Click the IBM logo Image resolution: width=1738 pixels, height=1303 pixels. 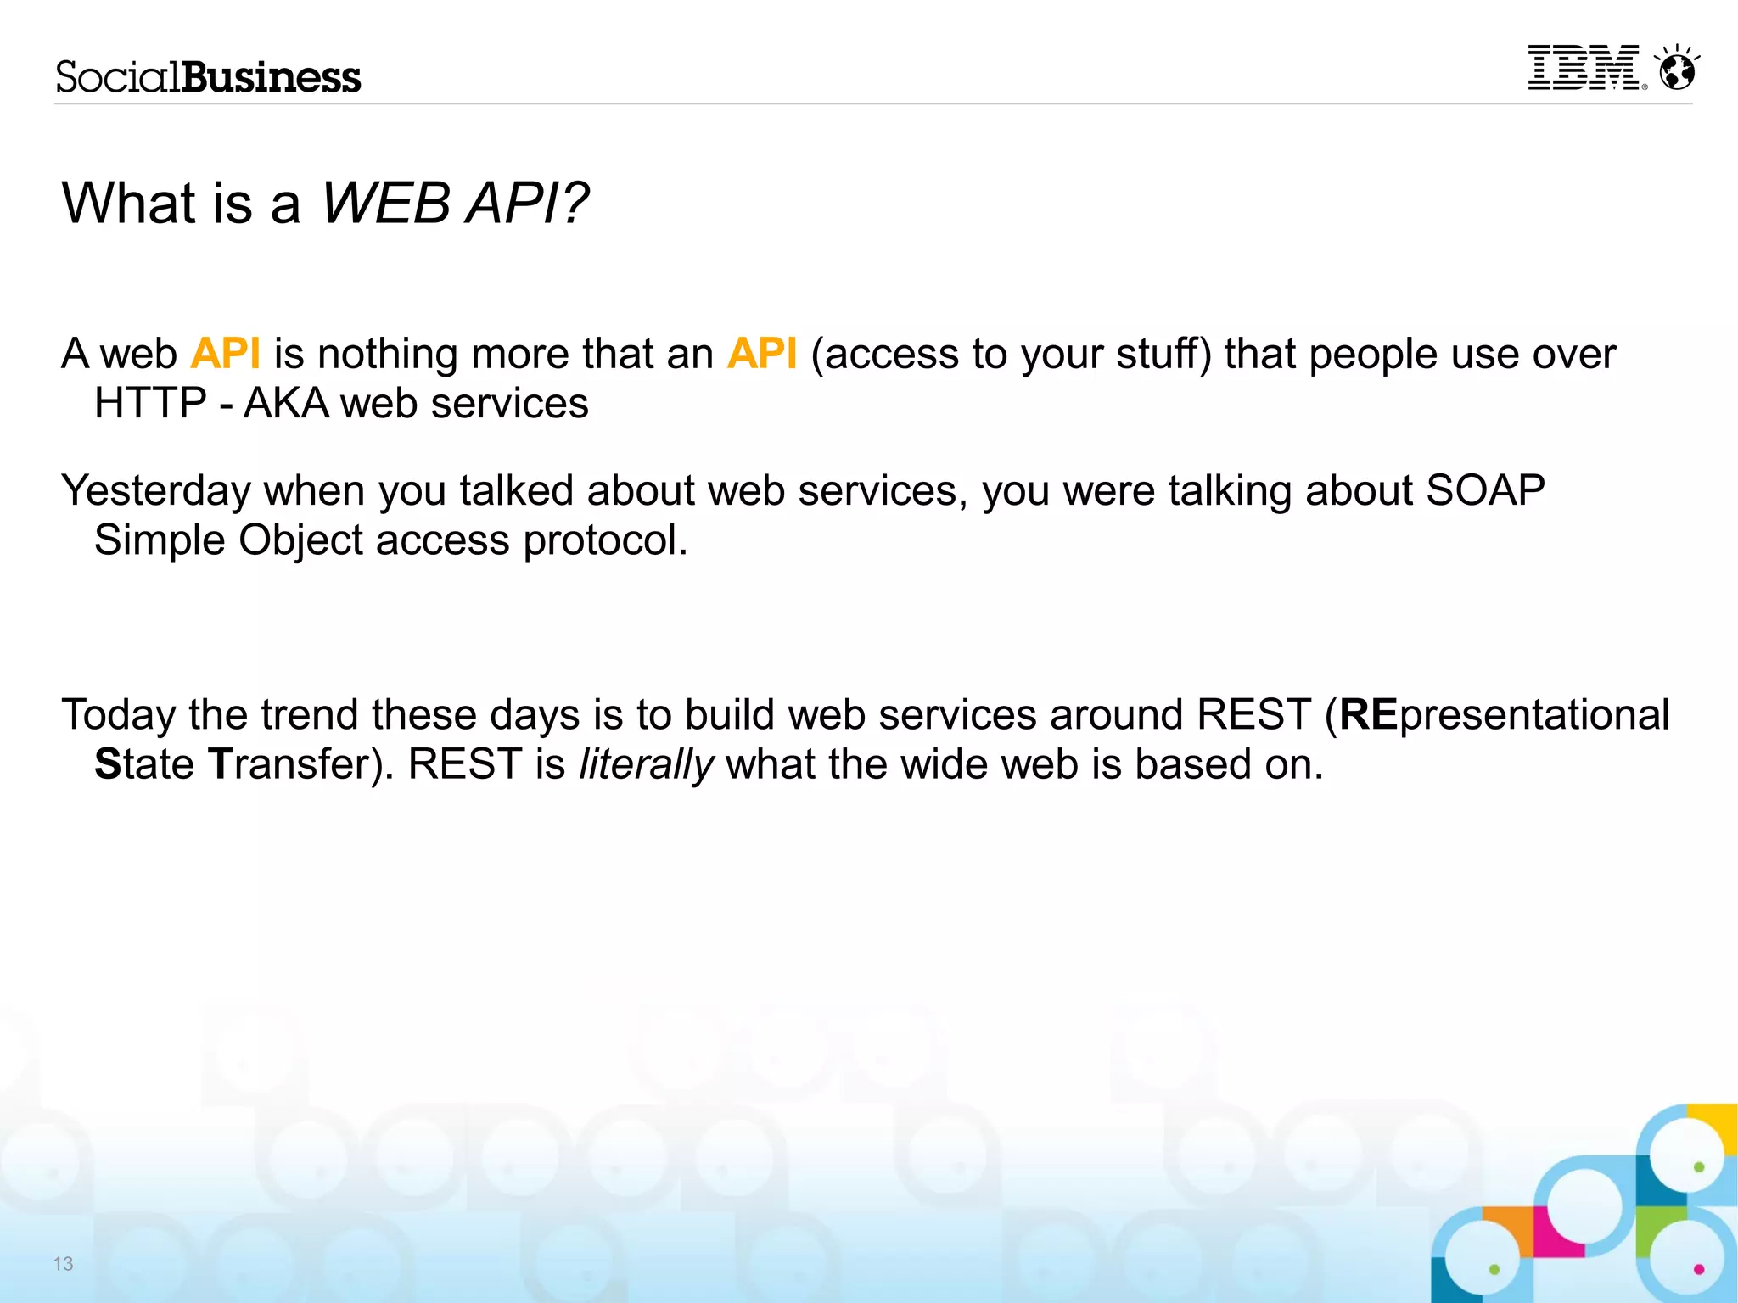point(1584,68)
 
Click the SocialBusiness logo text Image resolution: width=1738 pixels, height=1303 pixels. point(209,77)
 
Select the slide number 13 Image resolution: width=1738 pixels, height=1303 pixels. point(63,1264)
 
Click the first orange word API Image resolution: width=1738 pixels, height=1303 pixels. point(225,354)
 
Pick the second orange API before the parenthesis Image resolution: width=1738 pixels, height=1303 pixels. point(761,354)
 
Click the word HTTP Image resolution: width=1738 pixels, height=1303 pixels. point(150,403)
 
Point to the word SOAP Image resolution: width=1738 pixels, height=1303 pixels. point(1485,490)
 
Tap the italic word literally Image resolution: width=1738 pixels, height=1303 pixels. point(646,764)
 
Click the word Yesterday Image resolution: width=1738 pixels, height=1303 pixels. point(156,491)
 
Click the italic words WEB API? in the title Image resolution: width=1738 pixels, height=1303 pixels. point(455,204)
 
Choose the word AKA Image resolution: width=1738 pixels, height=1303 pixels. point(286,403)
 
